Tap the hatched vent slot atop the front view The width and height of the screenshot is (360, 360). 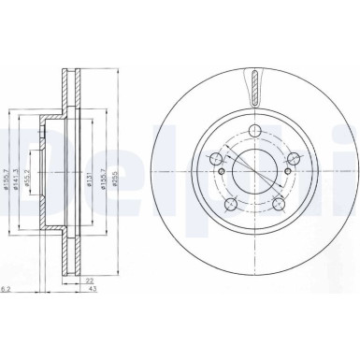coord(252,86)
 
